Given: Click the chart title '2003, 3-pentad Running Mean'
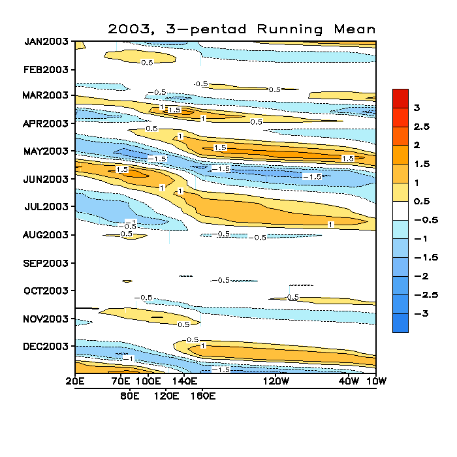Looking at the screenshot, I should tap(242, 29).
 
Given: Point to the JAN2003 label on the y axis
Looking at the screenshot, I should tap(46, 42).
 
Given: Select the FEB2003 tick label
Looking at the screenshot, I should tap(46, 70).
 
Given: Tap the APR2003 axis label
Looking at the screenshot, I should tap(46, 123).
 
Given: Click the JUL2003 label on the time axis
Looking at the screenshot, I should tap(46, 207).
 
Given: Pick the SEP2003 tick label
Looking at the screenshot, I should tap(46, 263).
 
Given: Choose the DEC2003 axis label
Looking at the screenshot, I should tap(46, 346).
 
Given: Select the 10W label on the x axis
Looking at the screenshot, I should tap(376, 381).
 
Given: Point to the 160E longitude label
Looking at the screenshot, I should tap(202, 396).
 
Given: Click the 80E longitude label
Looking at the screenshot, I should tap(130, 396).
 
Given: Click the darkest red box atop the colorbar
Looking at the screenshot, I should tap(400, 98).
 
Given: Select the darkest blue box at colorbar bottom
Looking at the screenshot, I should tap(400, 323).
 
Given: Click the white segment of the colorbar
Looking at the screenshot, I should tap(400, 210).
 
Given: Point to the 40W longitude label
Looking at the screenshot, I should tap(349, 381).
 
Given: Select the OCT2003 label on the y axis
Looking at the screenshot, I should tap(46, 291).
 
